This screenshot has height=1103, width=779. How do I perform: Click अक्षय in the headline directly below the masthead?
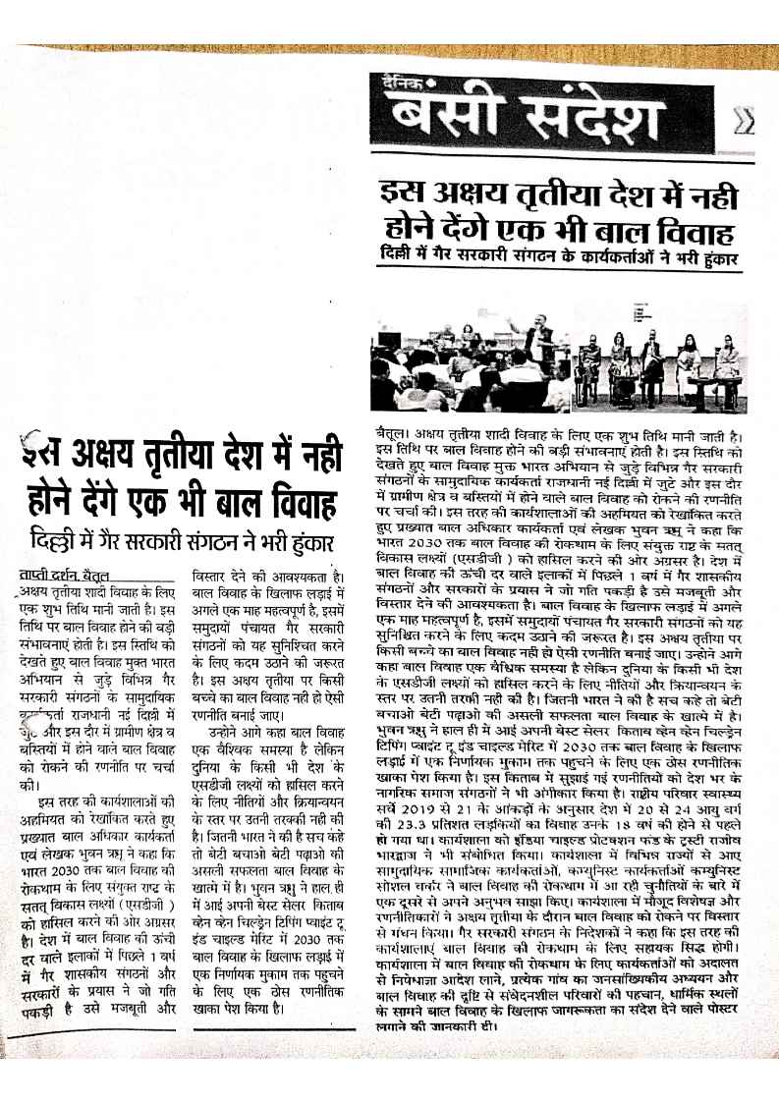(x=475, y=193)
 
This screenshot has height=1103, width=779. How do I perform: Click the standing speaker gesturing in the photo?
(x=537, y=339)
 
